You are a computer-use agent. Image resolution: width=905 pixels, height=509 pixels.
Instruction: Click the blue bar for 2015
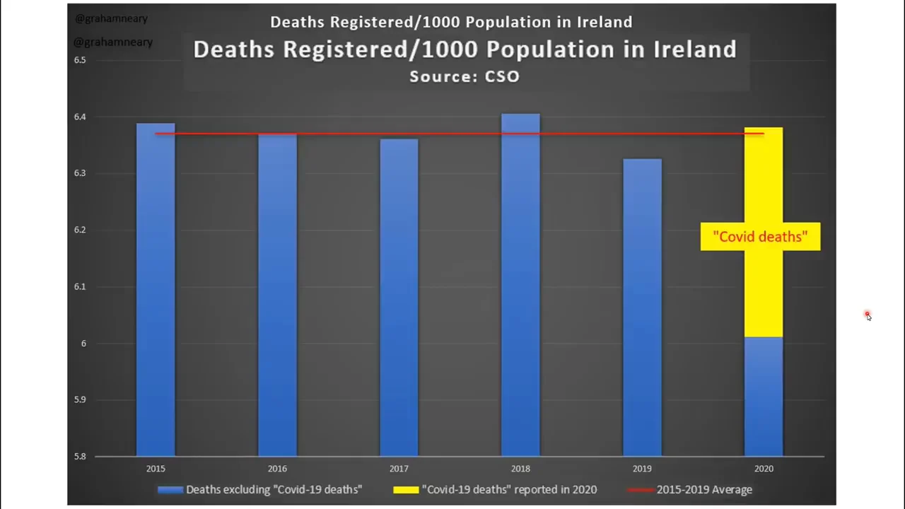[x=156, y=290]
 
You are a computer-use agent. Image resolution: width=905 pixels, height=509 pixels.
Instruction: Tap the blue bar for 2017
[x=399, y=297]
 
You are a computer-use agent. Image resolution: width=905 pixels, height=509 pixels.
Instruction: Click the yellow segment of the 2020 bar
[x=764, y=283]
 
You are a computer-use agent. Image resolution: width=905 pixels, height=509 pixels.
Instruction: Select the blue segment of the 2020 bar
[x=764, y=396]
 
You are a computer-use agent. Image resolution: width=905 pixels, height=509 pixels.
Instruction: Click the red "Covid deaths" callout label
[x=760, y=237]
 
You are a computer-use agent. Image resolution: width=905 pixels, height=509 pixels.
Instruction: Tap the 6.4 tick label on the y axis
[x=80, y=117]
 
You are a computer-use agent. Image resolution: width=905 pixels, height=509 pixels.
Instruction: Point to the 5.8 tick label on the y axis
[x=80, y=456]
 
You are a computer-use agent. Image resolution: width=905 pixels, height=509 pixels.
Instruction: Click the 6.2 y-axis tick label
[x=80, y=230]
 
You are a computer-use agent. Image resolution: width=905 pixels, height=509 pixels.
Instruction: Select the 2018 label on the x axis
[x=520, y=469]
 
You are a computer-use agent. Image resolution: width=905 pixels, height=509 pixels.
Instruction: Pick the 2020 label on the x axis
[x=764, y=469]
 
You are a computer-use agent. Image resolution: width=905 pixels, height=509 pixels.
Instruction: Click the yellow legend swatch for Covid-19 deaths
[x=406, y=489]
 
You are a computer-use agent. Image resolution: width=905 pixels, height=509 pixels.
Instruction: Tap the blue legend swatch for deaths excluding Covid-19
[x=170, y=489]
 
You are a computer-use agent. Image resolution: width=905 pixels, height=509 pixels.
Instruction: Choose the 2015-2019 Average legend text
[x=704, y=489]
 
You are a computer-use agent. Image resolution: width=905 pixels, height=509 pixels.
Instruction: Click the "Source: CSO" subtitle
[x=465, y=76]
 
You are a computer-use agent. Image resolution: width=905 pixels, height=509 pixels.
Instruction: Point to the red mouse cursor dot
[x=867, y=315]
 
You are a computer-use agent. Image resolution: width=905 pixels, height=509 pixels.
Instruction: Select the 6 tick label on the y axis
[x=82, y=343]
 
